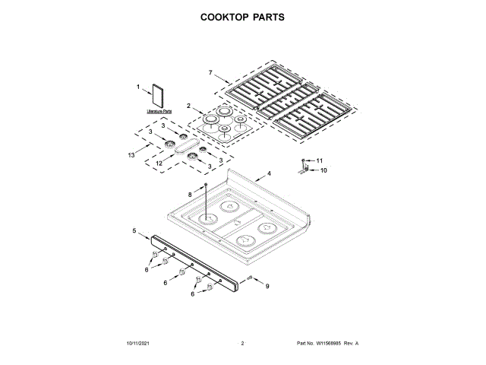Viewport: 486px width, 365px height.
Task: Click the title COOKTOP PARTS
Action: point(242,16)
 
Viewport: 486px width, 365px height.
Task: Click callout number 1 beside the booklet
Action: point(138,87)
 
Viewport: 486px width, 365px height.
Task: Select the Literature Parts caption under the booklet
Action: point(159,111)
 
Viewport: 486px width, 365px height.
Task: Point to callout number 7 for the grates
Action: point(210,73)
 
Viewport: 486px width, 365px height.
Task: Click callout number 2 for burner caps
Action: point(188,105)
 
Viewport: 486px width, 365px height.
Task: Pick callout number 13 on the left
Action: point(131,155)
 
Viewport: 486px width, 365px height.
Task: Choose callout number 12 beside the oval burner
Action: point(159,163)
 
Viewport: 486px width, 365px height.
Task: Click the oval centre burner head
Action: point(185,148)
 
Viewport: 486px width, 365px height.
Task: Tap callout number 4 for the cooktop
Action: point(268,173)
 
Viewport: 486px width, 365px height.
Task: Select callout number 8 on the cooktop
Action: point(190,195)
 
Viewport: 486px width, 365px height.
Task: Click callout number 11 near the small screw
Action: point(319,160)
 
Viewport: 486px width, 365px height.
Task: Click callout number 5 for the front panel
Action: point(134,230)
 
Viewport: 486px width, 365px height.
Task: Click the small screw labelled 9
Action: point(249,279)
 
